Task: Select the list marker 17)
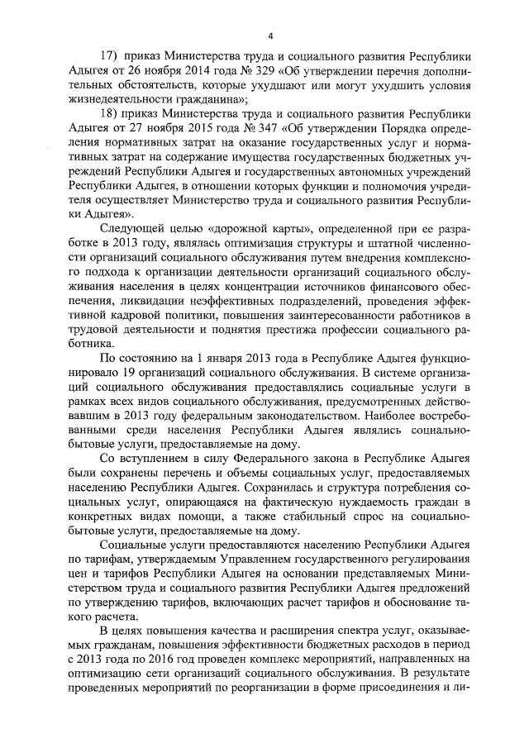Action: point(112,57)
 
